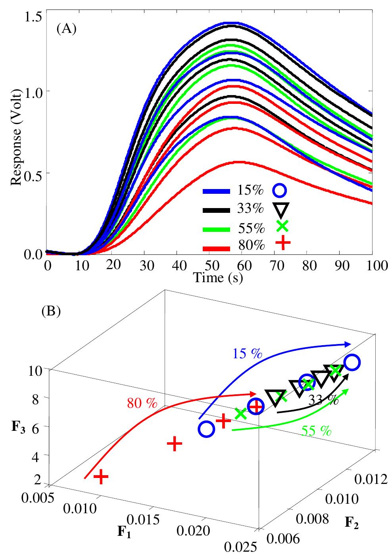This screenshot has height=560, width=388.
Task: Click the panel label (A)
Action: point(66,30)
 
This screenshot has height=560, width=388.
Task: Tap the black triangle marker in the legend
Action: point(280,208)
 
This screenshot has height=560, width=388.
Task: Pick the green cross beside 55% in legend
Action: point(282,226)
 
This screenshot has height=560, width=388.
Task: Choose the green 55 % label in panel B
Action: point(316,430)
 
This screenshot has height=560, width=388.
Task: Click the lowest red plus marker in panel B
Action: point(101,476)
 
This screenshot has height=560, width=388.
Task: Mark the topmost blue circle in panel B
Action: point(352,362)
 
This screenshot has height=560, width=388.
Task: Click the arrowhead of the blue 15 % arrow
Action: point(348,344)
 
